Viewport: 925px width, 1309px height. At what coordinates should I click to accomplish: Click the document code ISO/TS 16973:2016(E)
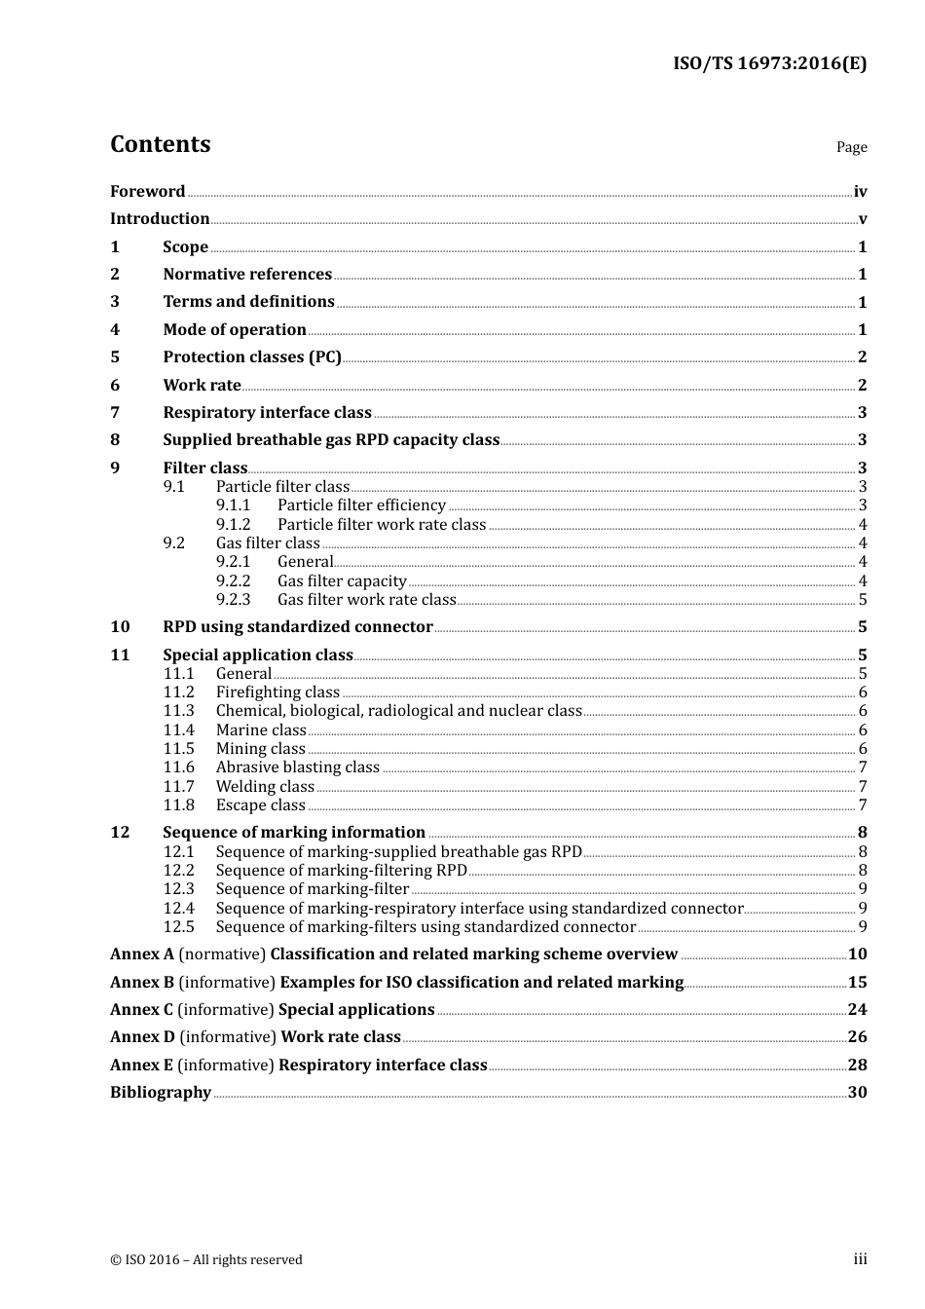tap(769, 64)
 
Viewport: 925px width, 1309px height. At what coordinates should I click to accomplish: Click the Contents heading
tap(160, 144)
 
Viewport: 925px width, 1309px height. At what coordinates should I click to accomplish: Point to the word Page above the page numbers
tap(851, 147)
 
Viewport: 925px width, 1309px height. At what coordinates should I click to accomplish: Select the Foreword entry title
tap(147, 192)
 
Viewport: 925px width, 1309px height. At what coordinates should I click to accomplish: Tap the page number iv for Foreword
tap(860, 192)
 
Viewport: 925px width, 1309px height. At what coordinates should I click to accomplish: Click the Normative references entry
tap(247, 275)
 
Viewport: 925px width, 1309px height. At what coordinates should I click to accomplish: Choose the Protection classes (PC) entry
tap(252, 357)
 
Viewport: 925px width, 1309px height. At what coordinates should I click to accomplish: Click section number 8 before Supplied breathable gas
tap(115, 440)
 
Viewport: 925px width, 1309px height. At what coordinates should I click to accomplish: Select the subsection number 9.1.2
tap(233, 524)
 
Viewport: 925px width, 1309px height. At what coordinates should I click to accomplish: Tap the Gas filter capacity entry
tap(342, 580)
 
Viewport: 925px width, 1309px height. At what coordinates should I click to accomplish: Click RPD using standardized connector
tap(298, 627)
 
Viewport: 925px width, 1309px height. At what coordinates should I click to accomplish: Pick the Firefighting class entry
tap(277, 692)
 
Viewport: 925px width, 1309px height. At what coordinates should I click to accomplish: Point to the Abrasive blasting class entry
tap(298, 767)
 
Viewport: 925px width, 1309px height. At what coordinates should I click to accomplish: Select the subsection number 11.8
tap(178, 805)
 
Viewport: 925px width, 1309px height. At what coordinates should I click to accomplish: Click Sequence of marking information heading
tap(294, 833)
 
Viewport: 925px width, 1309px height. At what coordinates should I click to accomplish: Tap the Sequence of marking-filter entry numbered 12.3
tap(313, 889)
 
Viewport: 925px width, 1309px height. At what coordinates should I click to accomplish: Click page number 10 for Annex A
tap(857, 954)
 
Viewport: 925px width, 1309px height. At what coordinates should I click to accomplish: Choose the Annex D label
tap(142, 1037)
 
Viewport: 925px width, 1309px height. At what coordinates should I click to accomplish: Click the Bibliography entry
tap(161, 1093)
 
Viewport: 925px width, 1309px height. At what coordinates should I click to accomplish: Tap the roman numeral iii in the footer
tap(860, 1259)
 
